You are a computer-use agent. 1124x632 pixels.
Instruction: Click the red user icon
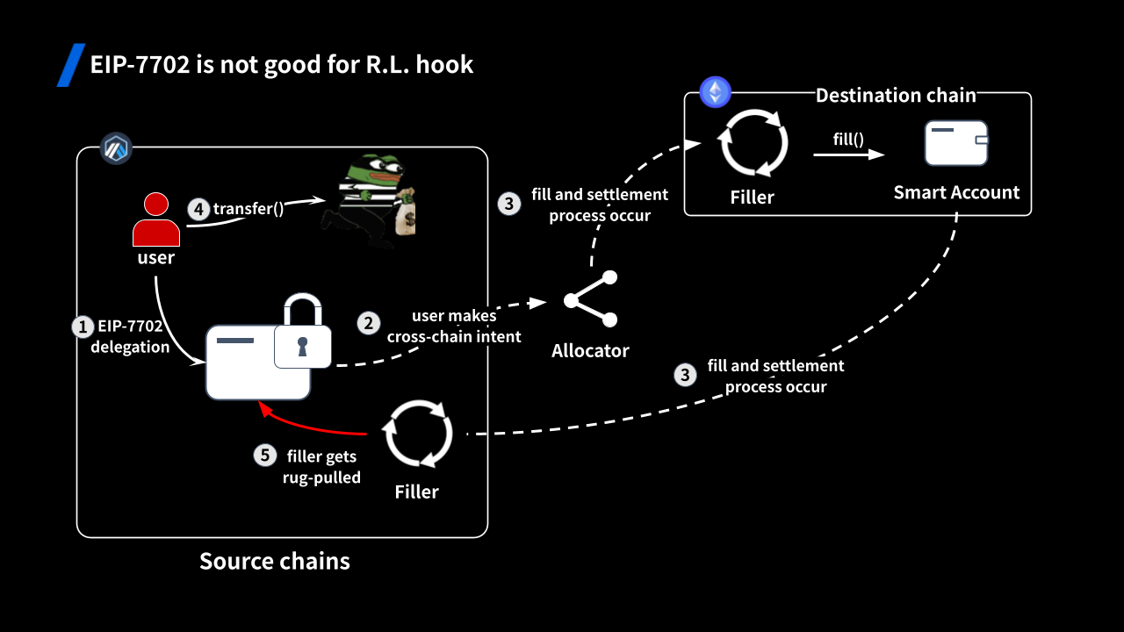pos(156,220)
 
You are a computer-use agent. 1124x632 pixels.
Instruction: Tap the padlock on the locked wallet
pos(302,334)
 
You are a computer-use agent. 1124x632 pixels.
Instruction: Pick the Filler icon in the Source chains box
pos(418,434)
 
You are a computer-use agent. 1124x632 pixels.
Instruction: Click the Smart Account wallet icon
pos(956,144)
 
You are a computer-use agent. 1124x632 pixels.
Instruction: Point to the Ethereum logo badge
pos(715,92)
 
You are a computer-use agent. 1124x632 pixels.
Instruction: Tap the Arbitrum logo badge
pos(115,148)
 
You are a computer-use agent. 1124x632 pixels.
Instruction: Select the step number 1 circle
pos(82,327)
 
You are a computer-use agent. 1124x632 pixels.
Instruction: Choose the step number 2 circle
pos(370,323)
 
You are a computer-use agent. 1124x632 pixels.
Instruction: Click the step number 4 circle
pos(198,209)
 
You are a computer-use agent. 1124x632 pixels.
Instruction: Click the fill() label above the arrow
pos(848,139)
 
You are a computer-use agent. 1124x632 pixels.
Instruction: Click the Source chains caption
pos(275,562)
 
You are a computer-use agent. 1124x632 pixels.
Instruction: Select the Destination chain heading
pos(896,96)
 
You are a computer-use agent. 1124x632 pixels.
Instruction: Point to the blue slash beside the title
pos(70,65)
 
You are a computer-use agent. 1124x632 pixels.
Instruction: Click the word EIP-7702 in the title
pos(140,65)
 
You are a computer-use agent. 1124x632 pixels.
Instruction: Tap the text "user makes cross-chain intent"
pos(454,326)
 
